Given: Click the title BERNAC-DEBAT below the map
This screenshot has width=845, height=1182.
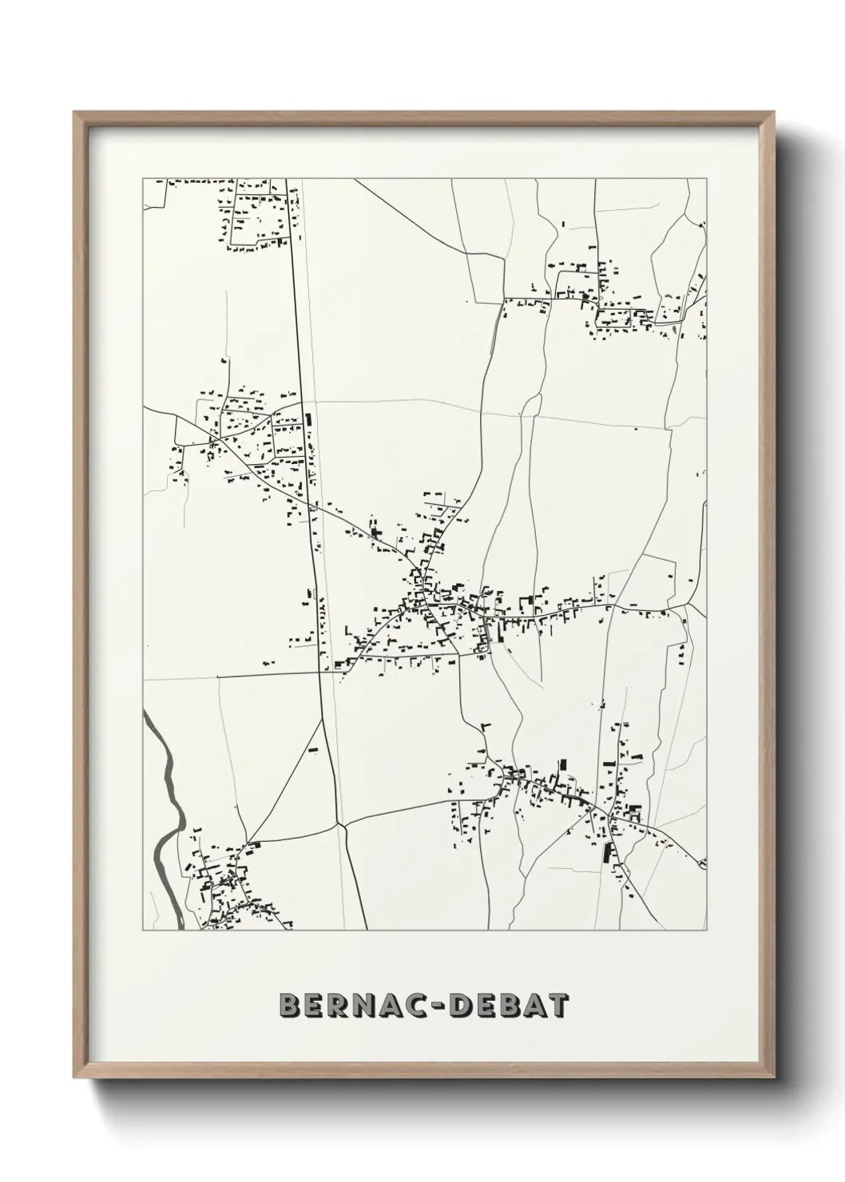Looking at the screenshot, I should (424, 1006).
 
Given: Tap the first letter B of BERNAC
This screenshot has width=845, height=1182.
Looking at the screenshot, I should (290, 1006).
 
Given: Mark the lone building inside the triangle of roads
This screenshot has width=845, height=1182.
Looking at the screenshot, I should (313, 750).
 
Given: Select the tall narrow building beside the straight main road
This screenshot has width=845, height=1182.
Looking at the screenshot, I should (308, 422).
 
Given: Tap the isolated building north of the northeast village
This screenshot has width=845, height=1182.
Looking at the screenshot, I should (563, 225).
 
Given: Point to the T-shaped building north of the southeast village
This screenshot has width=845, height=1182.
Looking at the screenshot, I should (487, 726).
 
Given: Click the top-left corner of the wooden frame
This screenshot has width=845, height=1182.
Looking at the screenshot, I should (75, 113).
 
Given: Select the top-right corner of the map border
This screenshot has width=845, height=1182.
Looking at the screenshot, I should (706, 179).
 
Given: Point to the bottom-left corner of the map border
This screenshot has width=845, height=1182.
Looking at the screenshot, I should (143, 930).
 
